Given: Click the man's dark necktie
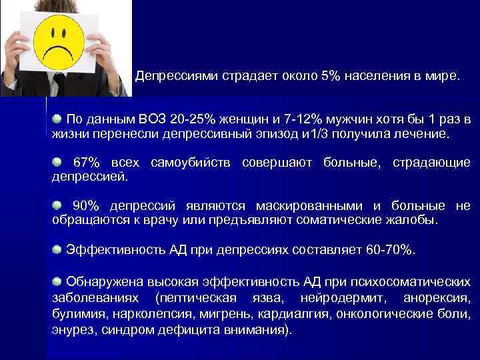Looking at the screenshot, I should [59, 85].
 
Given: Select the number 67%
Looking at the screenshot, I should [86, 163].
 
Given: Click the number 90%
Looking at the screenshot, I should [86, 206].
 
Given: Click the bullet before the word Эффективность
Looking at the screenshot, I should [57, 249].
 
